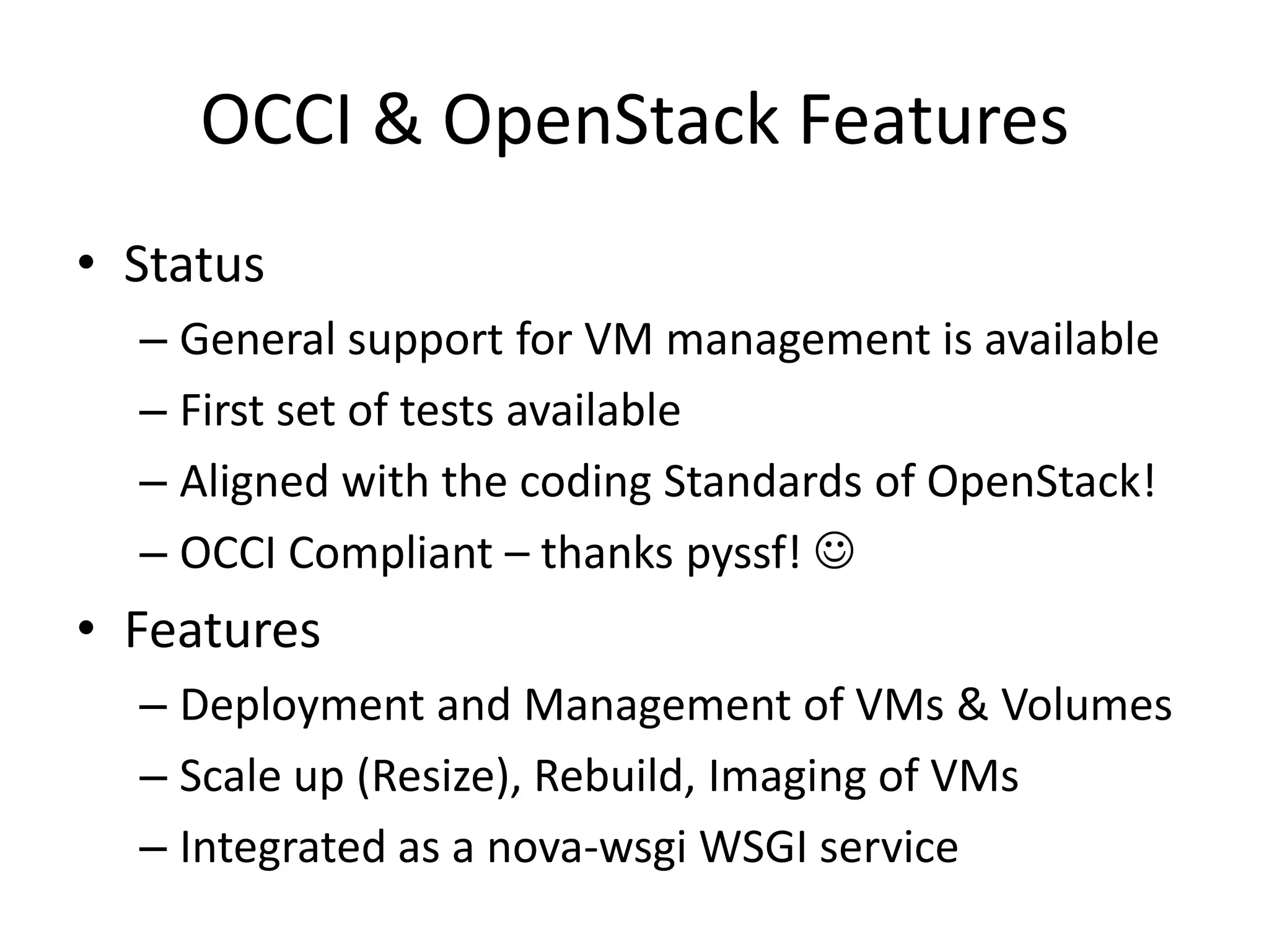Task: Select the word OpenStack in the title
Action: coord(610,121)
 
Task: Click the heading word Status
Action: coord(194,265)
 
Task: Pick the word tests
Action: coord(447,411)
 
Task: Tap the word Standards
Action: coord(762,482)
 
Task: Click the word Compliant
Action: coord(390,553)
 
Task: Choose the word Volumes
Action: coord(1087,705)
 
